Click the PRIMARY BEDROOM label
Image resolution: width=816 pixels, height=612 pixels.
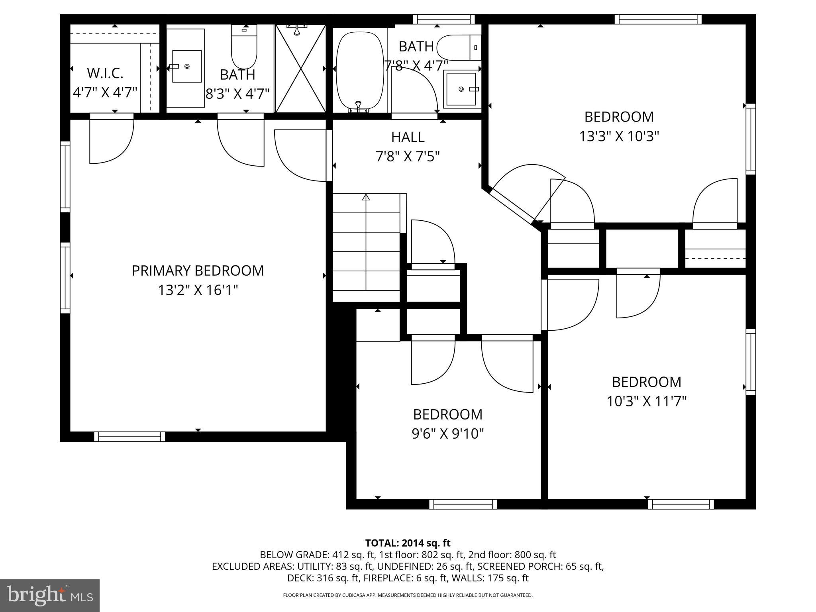click(x=198, y=271)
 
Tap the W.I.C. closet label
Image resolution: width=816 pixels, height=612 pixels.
click(x=105, y=73)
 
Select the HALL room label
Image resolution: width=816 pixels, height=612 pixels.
click(x=408, y=137)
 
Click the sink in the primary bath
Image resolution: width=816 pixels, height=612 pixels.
click(x=186, y=67)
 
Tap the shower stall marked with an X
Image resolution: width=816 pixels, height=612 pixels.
click(x=300, y=69)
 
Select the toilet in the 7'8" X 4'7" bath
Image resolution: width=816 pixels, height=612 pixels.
click(x=458, y=47)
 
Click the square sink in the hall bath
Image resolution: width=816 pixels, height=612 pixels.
click(x=461, y=89)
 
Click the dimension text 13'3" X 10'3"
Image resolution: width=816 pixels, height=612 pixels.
click(x=619, y=136)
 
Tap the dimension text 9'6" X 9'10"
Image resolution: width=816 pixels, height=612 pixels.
click(x=447, y=433)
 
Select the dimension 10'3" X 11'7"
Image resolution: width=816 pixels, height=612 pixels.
click(x=646, y=401)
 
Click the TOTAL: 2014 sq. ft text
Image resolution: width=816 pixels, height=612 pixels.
click(x=408, y=543)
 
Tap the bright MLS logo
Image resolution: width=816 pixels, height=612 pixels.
click(x=50, y=595)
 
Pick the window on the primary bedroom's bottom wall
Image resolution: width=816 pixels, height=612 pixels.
click(x=129, y=437)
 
